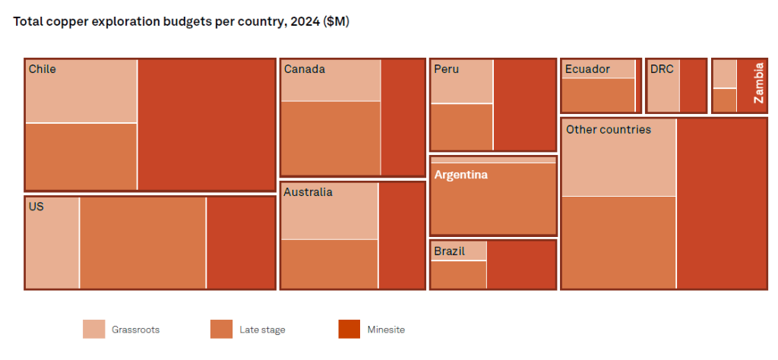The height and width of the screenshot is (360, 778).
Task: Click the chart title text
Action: click(x=182, y=21)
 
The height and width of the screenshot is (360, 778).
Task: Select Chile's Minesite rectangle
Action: click(x=206, y=125)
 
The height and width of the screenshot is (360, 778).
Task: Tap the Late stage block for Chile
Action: click(x=81, y=156)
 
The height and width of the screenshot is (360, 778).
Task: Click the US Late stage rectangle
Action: click(x=143, y=242)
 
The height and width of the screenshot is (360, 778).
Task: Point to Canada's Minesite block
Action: click(x=402, y=117)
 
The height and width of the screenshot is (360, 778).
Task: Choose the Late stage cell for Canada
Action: click(x=330, y=137)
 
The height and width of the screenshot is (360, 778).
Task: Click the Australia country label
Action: click(x=308, y=192)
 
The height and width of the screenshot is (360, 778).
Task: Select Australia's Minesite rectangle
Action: click(x=401, y=235)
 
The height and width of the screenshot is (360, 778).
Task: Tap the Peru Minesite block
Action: click(x=524, y=104)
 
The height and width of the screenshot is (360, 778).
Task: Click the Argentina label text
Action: click(x=460, y=175)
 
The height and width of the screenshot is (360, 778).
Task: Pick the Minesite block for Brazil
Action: click(x=521, y=264)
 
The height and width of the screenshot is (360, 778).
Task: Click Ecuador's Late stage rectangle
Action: click(x=598, y=95)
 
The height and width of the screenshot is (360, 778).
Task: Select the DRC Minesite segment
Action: click(x=693, y=86)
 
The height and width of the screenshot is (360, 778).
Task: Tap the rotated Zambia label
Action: click(x=757, y=83)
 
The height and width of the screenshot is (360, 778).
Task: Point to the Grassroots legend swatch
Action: click(x=93, y=329)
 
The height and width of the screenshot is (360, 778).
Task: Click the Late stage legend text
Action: click(x=262, y=330)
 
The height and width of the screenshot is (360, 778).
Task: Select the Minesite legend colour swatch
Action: click(x=349, y=329)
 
